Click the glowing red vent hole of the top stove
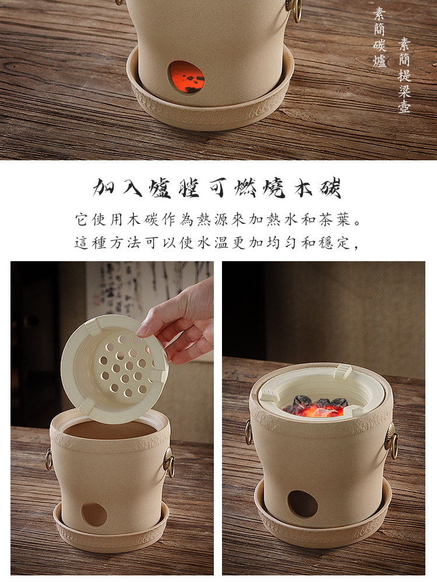click(x=186, y=77)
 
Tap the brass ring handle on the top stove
click(x=295, y=9)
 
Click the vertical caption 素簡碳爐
click(x=379, y=37)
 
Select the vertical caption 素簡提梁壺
click(x=404, y=75)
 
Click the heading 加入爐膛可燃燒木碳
click(x=217, y=188)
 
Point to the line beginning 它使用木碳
click(x=218, y=220)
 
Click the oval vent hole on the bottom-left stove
click(x=94, y=515)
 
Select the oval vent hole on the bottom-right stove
click(x=302, y=504)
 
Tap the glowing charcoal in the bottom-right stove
click(x=316, y=407)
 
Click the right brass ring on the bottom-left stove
click(x=170, y=462)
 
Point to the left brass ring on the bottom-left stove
click(x=49, y=459)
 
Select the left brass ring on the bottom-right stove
click(x=249, y=432)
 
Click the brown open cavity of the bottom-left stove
click(x=110, y=430)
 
